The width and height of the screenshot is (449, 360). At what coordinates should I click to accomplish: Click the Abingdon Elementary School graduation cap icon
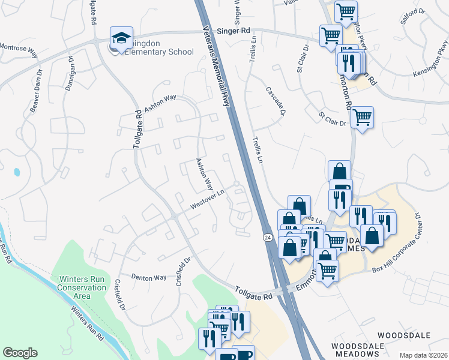121,38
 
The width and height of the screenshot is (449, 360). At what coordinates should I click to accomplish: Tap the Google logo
20,353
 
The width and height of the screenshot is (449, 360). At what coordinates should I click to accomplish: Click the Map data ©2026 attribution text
424,355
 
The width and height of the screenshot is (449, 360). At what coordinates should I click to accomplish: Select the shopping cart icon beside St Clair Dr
362,118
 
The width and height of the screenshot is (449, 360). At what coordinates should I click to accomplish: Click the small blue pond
17,172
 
